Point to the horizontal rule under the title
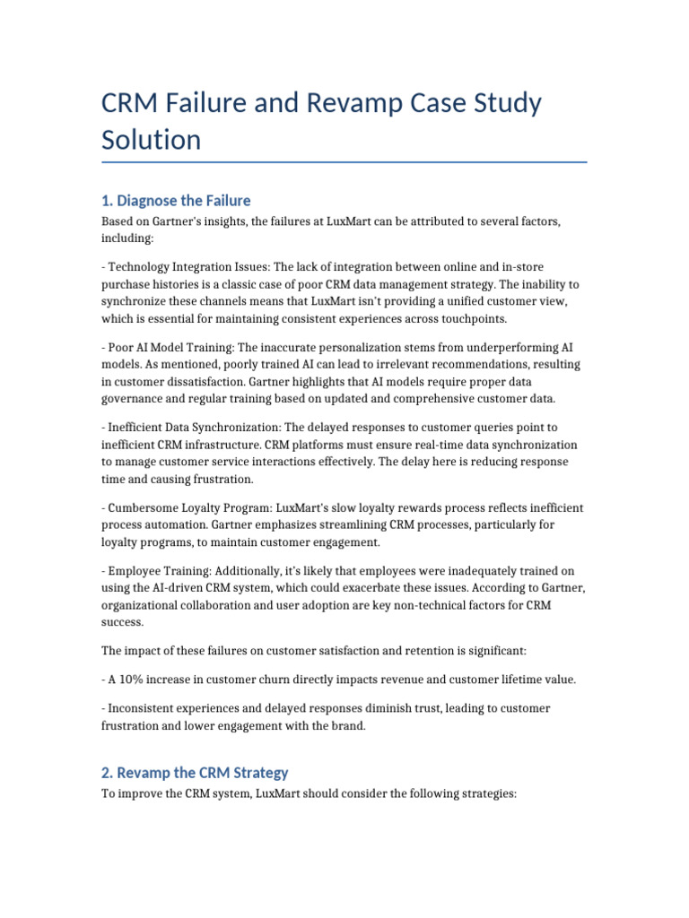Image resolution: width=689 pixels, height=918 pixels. pyautogui.click(x=344, y=162)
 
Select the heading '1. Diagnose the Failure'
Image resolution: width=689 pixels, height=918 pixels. pyautogui.click(x=176, y=200)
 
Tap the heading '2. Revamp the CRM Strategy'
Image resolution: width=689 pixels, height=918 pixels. pyautogui.click(x=195, y=772)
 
